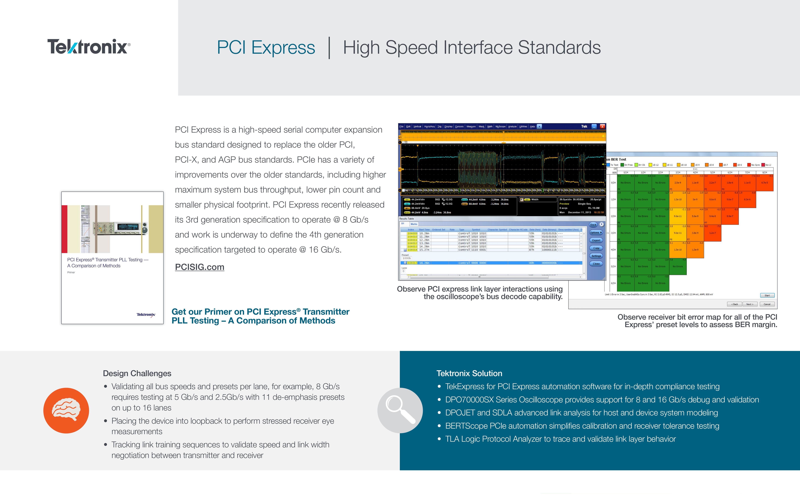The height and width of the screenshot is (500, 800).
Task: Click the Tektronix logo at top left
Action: (89, 47)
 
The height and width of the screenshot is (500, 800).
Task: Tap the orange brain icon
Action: (66, 410)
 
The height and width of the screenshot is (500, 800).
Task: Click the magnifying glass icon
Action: (400, 410)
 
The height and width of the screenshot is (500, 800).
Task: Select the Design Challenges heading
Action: (137, 373)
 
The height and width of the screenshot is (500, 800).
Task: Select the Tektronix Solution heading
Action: (469, 373)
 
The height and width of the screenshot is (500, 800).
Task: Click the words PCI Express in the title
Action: (266, 47)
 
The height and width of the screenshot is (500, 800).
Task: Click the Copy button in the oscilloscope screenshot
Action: (596, 248)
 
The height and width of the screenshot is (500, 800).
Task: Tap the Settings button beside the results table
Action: (596, 256)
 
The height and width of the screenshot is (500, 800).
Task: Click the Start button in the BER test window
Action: (767, 295)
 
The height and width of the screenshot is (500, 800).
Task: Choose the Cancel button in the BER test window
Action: (767, 304)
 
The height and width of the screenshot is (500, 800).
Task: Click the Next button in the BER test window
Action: (750, 304)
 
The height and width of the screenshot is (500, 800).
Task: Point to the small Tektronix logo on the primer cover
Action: (146, 314)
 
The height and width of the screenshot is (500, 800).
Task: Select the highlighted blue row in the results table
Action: (493, 263)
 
